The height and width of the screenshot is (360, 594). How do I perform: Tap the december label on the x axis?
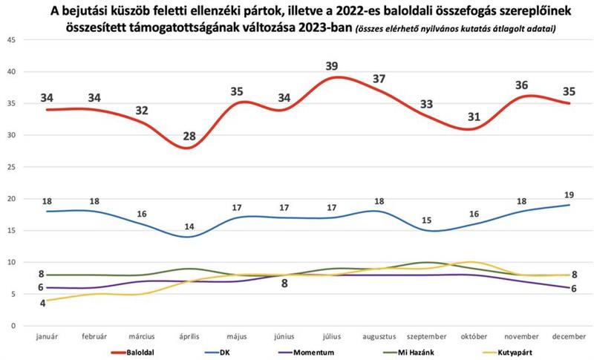click(x=570, y=336)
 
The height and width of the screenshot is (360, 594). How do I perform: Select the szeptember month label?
click(x=425, y=336)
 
